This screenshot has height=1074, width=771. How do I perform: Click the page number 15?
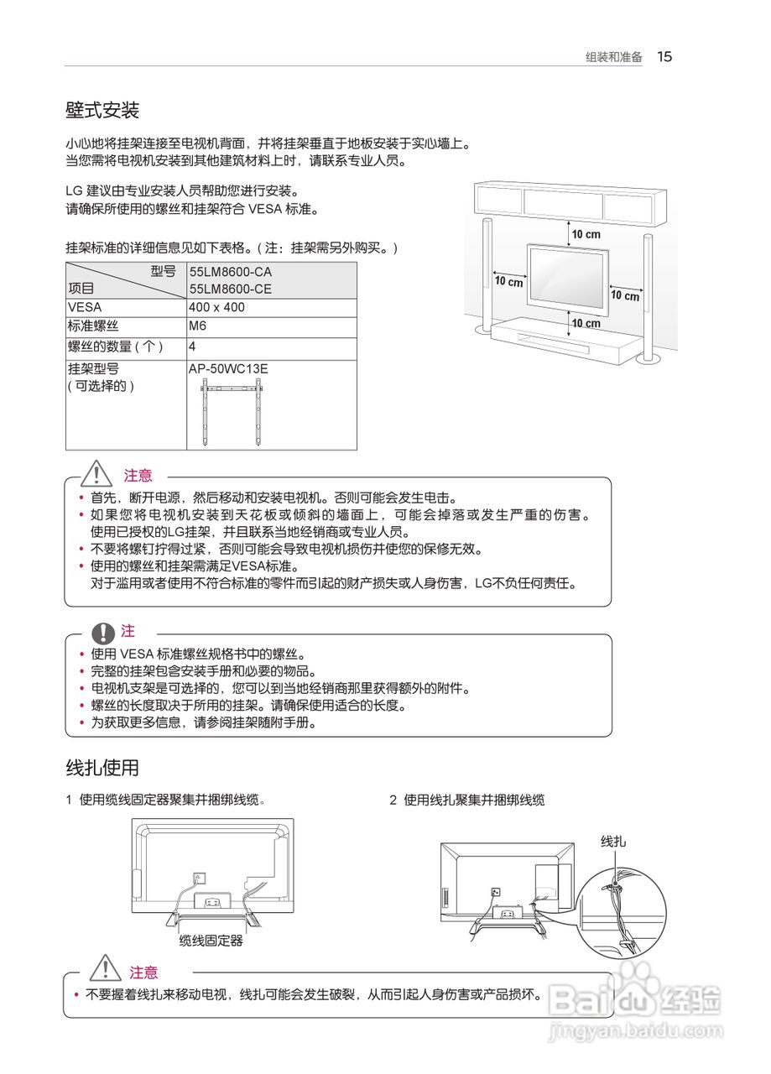(x=664, y=57)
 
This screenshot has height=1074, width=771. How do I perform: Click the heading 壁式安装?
(x=102, y=110)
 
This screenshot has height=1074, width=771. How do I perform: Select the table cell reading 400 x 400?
(x=216, y=307)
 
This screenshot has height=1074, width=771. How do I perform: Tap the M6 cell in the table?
(x=198, y=326)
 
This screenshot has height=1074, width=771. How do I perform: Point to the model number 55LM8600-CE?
(x=230, y=289)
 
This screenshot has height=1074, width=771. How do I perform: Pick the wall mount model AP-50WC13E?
(x=228, y=368)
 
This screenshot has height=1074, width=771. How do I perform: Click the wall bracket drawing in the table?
(x=232, y=411)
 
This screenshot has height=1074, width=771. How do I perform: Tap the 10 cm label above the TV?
(x=586, y=233)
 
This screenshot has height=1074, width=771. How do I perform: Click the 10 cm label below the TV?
(x=586, y=323)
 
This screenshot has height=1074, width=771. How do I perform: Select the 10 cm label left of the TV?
(x=508, y=282)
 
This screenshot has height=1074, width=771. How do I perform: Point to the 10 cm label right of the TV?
(x=624, y=295)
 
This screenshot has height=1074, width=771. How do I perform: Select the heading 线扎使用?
(x=102, y=767)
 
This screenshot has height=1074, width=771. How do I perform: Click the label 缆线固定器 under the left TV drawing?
(x=211, y=941)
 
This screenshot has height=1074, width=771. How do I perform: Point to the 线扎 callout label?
(x=613, y=841)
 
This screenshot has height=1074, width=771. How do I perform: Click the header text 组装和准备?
(x=613, y=58)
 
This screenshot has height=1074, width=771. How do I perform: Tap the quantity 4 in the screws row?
(x=193, y=347)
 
